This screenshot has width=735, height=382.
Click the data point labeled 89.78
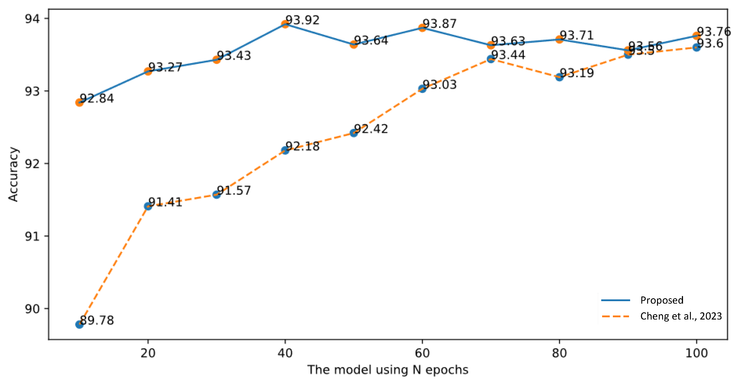point(79,324)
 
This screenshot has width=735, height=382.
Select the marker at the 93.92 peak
point(285,24)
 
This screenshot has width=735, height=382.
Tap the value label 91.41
point(165,202)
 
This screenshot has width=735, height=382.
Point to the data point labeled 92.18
point(285,150)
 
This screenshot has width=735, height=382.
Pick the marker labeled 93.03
point(422,89)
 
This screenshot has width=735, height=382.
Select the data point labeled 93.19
point(559,77)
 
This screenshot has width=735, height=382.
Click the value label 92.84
point(97,98)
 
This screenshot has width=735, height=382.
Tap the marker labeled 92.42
point(354,133)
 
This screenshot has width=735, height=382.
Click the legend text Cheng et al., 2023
point(681,316)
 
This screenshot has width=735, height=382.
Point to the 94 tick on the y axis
point(32,19)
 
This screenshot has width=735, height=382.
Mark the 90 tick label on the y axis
point(32,309)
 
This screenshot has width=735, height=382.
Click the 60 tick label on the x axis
point(422,353)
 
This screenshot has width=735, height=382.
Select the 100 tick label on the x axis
point(696,353)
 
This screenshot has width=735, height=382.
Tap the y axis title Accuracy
point(13,174)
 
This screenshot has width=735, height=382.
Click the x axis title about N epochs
point(388,370)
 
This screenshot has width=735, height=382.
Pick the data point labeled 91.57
point(216,195)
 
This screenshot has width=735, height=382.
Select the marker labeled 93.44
point(491,59)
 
